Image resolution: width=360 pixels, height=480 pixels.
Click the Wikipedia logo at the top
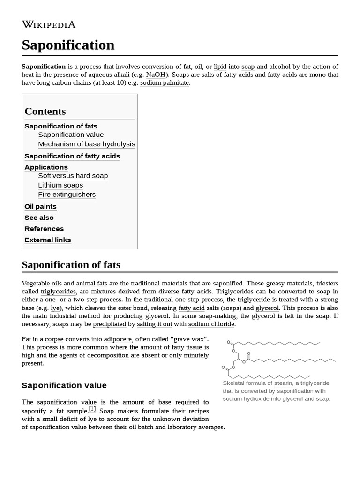click(48, 25)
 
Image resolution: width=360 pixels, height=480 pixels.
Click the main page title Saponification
click(68, 45)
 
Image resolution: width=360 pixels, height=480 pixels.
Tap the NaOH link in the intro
click(156, 75)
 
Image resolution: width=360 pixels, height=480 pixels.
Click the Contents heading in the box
click(45, 112)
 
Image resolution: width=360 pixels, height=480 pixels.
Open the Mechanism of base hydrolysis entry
click(86, 144)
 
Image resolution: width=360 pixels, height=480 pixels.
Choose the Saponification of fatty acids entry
click(72, 156)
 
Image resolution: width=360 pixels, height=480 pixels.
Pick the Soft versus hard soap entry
click(73, 176)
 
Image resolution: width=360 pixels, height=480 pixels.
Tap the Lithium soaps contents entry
click(60, 186)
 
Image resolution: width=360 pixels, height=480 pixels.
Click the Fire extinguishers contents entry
click(67, 195)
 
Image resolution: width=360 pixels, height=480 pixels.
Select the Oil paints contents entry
click(40, 207)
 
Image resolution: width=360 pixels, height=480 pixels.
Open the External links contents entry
click(48, 240)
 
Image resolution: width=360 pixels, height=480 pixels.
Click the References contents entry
click(44, 229)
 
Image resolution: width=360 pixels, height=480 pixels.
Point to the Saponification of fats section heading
click(71, 265)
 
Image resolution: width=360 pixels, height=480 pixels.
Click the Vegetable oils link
click(42, 284)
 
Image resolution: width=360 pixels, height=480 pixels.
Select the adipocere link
click(118, 339)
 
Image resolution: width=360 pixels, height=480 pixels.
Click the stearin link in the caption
click(284, 383)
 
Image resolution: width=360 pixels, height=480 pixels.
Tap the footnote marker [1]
click(92, 409)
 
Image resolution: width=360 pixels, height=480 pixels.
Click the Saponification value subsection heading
click(64, 385)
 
